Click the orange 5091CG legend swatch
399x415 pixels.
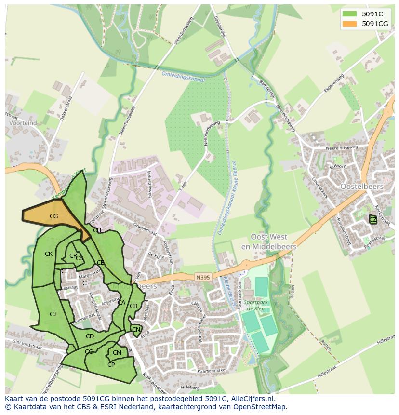(350, 24)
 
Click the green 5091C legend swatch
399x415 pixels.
(350, 14)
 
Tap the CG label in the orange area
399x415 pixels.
(53, 216)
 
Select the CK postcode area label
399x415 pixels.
(49, 254)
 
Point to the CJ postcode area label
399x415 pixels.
(53, 314)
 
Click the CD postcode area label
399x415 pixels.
(90, 336)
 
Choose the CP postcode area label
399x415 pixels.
(111, 365)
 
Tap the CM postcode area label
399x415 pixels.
(117, 353)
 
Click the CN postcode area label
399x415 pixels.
(136, 330)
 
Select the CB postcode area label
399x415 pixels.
(133, 306)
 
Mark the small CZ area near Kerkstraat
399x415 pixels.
(373, 219)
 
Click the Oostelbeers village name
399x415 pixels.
(361, 187)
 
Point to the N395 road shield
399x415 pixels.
(203, 277)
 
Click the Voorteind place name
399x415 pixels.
(23, 123)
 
